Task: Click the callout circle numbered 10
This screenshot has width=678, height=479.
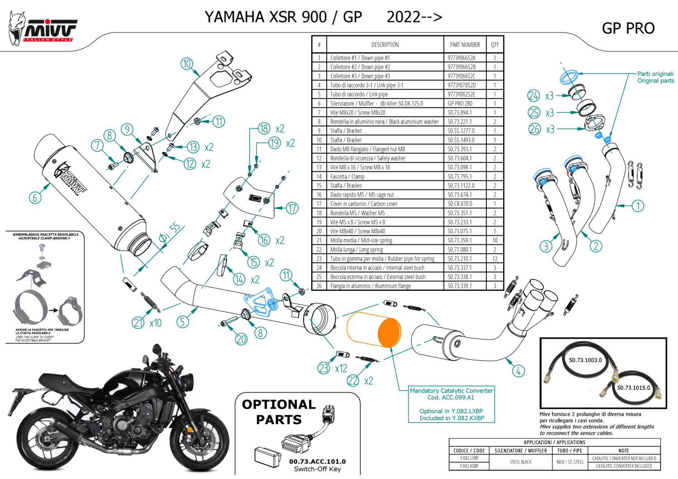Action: [187, 64]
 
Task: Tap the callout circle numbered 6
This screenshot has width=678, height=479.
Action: [35, 197]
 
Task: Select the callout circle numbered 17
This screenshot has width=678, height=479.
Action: [292, 208]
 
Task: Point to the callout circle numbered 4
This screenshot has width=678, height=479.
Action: [518, 371]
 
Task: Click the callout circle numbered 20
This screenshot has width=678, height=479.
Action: [241, 339]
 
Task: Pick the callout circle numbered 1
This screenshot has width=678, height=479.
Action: [638, 206]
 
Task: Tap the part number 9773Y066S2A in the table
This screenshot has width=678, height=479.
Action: [461, 58]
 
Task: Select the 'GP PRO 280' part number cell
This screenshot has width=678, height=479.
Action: [460, 103]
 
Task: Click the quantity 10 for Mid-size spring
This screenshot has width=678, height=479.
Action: [495, 240]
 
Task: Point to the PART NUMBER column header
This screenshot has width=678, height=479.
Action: [465, 45]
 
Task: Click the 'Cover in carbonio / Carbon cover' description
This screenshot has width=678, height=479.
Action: [364, 204]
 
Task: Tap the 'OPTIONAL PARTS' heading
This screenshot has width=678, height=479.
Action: [278, 412]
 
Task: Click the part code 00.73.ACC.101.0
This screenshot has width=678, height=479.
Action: [317, 461]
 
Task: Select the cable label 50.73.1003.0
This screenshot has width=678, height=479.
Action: [585, 360]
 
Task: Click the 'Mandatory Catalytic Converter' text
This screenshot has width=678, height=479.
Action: [451, 390]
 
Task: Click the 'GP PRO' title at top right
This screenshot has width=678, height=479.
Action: [628, 28]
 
